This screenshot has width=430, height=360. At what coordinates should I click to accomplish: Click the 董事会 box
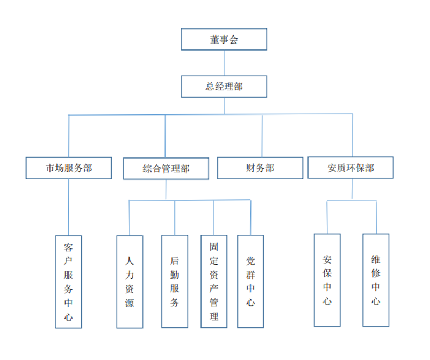click(224, 39)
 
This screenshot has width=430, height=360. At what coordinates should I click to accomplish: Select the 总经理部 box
click(224, 87)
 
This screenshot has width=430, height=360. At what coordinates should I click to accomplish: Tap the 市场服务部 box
click(69, 168)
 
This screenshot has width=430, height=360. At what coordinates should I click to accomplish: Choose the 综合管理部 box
click(166, 169)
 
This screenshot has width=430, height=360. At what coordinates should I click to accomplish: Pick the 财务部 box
click(260, 168)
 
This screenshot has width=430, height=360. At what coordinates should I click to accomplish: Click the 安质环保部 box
click(350, 168)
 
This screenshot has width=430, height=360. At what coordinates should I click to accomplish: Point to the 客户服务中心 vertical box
click(69, 282)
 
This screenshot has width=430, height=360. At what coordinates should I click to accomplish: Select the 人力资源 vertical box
click(130, 282)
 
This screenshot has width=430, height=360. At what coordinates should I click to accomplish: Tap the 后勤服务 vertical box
click(175, 281)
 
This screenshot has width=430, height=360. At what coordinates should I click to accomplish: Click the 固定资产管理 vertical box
click(214, 281)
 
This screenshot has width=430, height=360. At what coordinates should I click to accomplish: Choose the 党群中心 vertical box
click(250, 281)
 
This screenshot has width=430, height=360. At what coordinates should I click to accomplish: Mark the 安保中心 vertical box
click(327, 280)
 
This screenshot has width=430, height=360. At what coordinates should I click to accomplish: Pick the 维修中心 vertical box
click(376, 280)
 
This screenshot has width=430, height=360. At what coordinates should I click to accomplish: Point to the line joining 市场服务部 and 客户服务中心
click(69, 207)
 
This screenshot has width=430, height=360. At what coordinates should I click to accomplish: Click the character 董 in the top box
click(214, 39)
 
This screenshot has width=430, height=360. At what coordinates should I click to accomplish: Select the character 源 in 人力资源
click(130, 304)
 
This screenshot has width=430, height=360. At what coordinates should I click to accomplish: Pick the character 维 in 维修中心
click(376, 259)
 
